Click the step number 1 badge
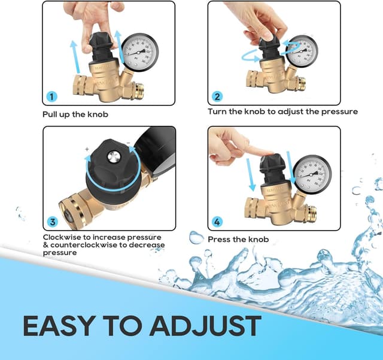pos(52,96)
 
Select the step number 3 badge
pos(52,222)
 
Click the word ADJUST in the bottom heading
pos(205,326)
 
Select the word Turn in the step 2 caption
pos(218,111)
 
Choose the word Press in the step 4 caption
pos(220,240)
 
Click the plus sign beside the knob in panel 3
pos(87,148)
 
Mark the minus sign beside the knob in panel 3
pos(128,144)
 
